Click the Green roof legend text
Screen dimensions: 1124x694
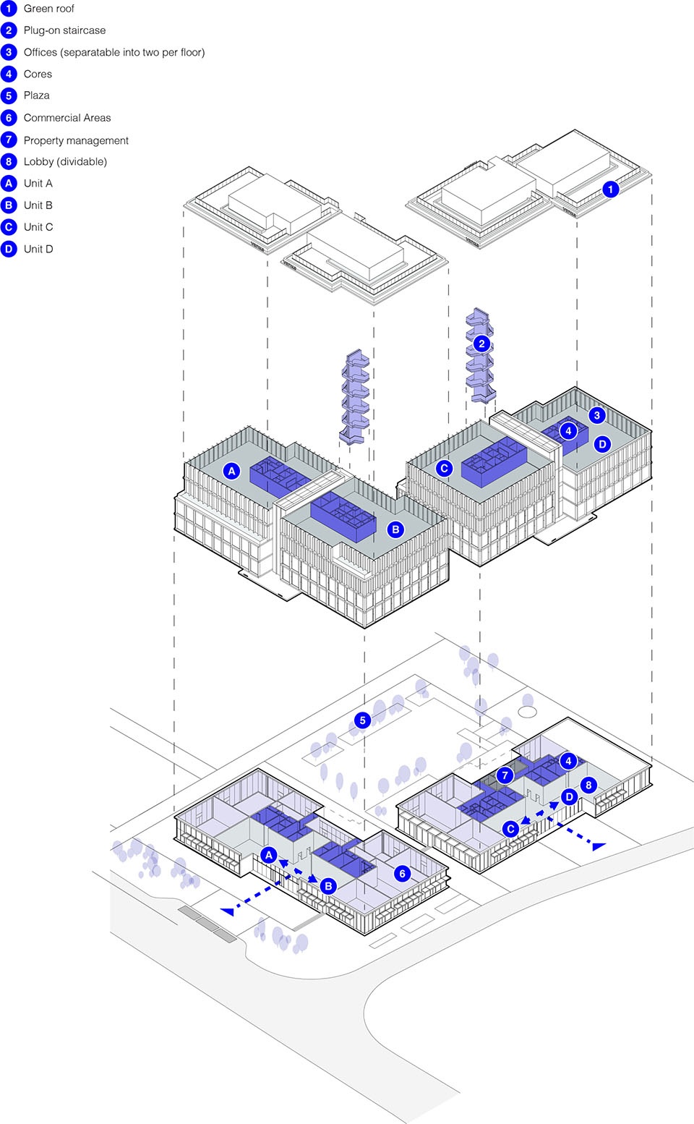[48, 9]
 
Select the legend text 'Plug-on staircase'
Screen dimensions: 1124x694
[64, 30]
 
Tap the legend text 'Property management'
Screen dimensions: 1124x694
[76, 140]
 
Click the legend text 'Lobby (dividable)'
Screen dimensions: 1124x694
[65, 161]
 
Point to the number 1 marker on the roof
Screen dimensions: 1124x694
[610, 189]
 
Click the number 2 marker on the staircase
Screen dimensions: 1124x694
[481, 344]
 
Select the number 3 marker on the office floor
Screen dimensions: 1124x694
[596, 415]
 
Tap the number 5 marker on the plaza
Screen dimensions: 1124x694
[362, 720]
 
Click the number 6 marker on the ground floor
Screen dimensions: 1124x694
[402, 874]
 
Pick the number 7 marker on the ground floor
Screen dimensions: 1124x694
[505, 775]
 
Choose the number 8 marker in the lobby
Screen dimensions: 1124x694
[588, 785]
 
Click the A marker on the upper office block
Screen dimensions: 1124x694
[231, 471]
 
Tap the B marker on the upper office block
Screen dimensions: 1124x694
[395, 529]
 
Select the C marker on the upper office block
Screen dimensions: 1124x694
[444, 468]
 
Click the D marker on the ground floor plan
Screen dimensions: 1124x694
[569, 797]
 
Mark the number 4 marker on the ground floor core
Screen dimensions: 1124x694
[568, 761]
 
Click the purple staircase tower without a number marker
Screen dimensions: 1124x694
[355, 397]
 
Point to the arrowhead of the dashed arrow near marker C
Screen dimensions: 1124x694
[599, 846]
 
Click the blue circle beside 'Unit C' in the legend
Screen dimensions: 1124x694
[9, 227]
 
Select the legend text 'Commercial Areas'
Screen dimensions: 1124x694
[67, 118]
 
